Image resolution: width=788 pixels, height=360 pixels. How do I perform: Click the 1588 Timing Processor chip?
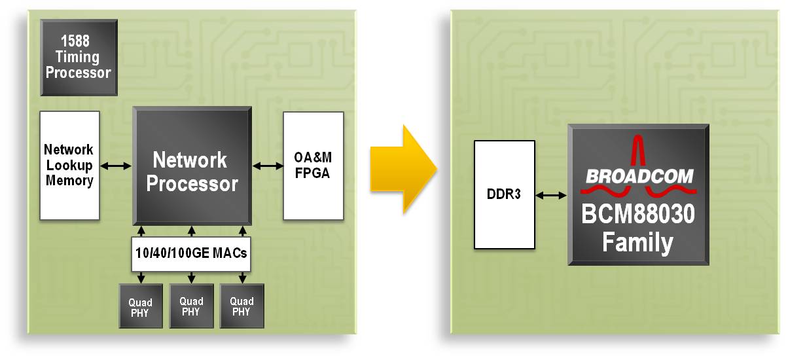pyautogui.click(x=78, y=57)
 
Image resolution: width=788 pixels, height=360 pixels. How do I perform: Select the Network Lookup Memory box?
pyautogui.click(x=69, y=165)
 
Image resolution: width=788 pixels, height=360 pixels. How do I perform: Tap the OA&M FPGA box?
pyautogui.click(x=313, y=166)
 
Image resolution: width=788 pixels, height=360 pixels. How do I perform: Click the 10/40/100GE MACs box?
pyautogui.click(x=191, y=253)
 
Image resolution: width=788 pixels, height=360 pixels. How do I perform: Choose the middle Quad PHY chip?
pyautogui.click(x=191, y=306)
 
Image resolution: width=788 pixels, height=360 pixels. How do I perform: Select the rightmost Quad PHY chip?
pyautogui.click(x=242, y=306)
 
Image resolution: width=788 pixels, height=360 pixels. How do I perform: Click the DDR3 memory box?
pyautogui.click(x=504, y=194)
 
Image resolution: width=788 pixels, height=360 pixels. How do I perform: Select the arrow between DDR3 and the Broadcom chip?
pyautogui.click(x=551, y=194)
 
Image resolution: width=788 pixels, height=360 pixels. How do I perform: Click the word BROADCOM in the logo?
pyautogui.click(x=639, y=176)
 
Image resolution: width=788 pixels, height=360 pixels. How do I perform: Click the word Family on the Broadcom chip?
pyautogui.click(x=637, y=243)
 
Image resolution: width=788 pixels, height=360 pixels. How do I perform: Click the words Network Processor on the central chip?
pyautogui.click(x=192, y=171)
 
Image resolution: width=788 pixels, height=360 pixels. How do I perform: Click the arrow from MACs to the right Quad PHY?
pyautogui.click(x=242, y=278)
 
